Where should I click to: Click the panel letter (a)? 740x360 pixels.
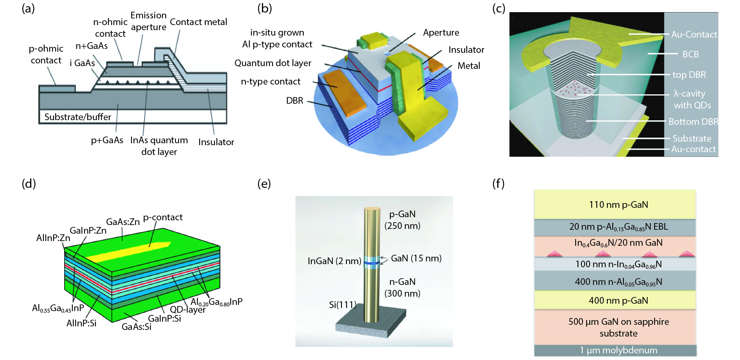(x=28, y=9)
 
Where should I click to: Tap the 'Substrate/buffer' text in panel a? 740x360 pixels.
(x=78, y=117)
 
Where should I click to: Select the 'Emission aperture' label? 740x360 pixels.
(x=148, y=21)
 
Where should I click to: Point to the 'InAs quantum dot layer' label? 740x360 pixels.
(x=159, y=146)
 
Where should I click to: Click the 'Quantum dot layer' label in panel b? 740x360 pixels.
(x=273, y=63)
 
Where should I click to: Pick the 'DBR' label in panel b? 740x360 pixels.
(x=294, y=101)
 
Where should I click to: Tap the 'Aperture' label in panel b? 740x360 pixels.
(x=441, y=32)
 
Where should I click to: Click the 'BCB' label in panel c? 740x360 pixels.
(x=690, y=54)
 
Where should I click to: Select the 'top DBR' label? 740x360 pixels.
(x=689, y=75)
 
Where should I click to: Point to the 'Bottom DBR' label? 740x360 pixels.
(x=693, y=122)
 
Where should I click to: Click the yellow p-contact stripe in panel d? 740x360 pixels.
(x=129, y=252)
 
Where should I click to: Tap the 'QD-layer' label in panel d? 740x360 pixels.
(x=188, y=310)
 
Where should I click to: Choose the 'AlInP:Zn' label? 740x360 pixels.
(x=53, y=238)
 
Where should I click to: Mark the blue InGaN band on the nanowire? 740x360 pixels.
(x=372, y=263)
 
